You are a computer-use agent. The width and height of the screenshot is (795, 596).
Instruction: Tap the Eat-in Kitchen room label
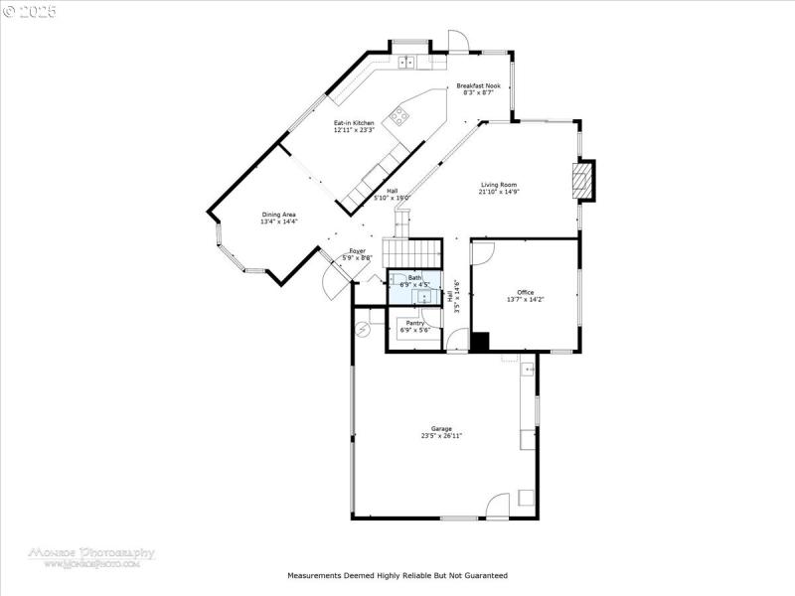[354, 123]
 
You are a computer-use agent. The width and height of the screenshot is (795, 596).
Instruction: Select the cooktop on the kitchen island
[399, 116]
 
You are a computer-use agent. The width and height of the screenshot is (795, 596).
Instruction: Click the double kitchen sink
[407, 63]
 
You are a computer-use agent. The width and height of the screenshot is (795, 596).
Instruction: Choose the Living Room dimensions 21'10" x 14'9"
[499, 193]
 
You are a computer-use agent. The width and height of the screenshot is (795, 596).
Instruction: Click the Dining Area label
[279, 215]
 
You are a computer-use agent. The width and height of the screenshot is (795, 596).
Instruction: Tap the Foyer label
[357, 251]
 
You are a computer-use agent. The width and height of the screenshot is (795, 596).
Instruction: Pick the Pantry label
[414, 323]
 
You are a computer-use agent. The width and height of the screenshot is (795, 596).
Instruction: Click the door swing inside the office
[482, 253]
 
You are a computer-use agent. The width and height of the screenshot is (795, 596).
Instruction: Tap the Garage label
[441, 428]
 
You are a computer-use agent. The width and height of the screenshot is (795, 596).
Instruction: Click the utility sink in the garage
[528, 370]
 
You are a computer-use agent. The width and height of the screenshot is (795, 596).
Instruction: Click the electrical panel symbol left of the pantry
[365, 328]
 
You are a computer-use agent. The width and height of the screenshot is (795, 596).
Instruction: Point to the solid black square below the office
[480, 343]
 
